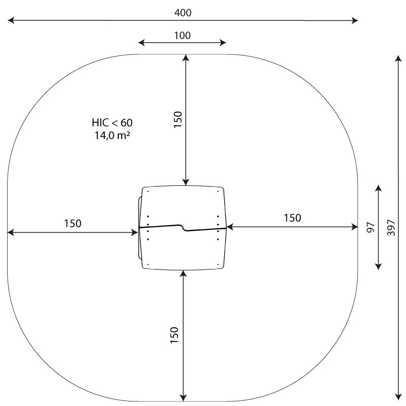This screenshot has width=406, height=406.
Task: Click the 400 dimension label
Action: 183,13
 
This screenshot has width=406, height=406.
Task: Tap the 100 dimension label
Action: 182,36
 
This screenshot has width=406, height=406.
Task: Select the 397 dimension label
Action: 391,227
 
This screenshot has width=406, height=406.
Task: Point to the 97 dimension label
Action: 371,227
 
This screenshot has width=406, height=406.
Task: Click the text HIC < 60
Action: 112,123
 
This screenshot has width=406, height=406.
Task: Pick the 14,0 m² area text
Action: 112,135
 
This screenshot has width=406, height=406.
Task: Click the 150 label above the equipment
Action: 178,119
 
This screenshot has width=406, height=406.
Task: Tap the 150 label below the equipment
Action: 174,335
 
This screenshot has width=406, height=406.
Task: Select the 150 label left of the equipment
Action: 73,223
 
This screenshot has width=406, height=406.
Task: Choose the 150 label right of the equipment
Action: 293,218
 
